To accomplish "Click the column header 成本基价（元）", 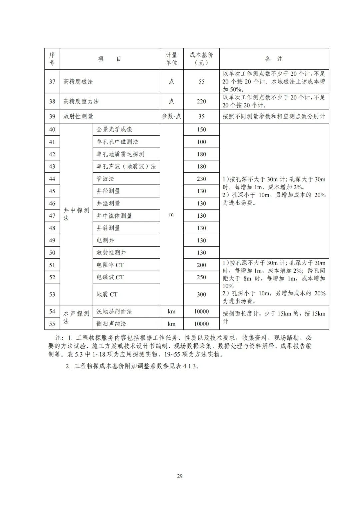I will (x=201, y=59).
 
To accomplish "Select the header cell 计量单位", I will (x=171, y=59).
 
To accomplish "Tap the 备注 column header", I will (x=274, y=59).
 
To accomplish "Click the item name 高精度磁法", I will (x=78, y=81).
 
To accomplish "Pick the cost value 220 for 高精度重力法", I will (x=201, y=101).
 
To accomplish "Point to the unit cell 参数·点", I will (x=171, y=116).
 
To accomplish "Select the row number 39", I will (x=52, y=116).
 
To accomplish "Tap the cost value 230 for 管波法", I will (x=201, y=179).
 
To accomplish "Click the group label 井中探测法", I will (x=76, y=214).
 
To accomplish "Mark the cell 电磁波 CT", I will (x=110, y=277).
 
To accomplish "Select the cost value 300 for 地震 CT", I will (x=201, y=294).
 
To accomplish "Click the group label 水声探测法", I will (x=76, y=317).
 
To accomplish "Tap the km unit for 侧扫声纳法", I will (x=171, y=324).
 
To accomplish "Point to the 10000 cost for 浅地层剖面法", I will (x=201, y=311).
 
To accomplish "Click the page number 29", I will (x=180, y=476).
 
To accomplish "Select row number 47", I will (x=52, y=216).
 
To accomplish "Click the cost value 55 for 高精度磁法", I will (x=201, y=81).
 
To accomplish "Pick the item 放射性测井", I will (x=111, y=253).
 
